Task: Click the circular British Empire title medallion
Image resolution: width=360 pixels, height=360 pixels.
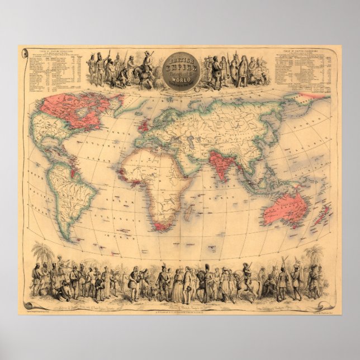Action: (179, 69)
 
